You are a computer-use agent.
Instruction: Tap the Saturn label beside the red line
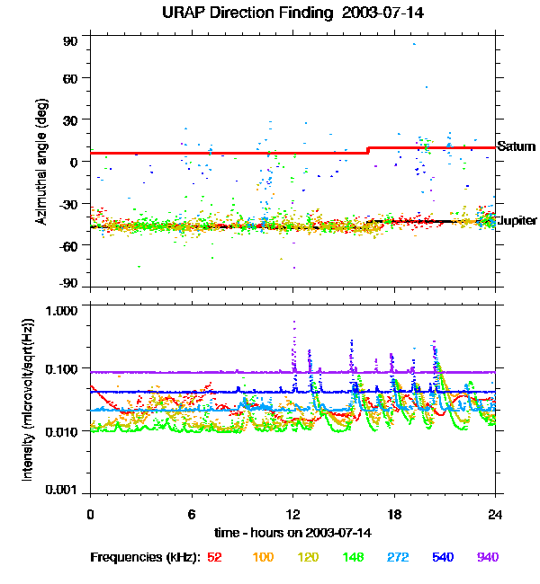coord(517,146)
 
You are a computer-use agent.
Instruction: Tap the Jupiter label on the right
coord(517,220)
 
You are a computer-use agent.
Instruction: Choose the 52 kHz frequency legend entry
coord(214,557)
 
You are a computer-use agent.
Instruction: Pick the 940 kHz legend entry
coord(487,557)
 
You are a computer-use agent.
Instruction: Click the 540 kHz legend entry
coord(443,557)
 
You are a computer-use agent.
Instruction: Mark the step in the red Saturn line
coord(368,150)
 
